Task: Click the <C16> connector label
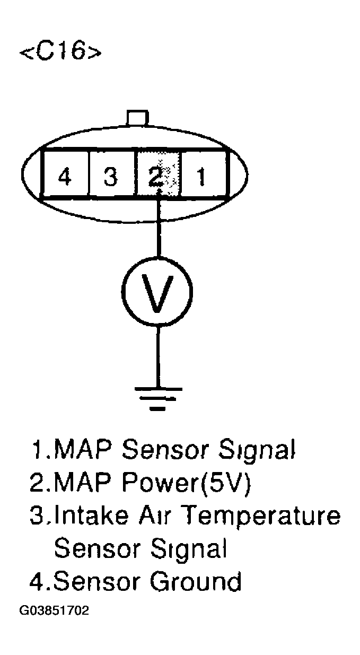coord(59,52)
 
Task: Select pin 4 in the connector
coord(65,175)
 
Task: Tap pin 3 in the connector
coord(110,175)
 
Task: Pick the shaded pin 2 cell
coord(158,175)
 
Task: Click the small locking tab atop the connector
coord(137,118)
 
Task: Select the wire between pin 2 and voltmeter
coord(157,228)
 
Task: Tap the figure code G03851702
coord(55,612)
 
